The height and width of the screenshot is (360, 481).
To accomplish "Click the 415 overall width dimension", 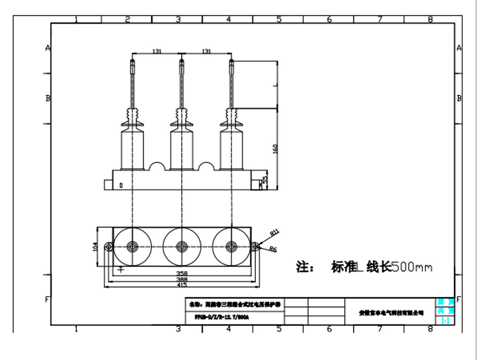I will pos(182,284).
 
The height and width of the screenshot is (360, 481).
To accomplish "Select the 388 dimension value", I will pos(182,279).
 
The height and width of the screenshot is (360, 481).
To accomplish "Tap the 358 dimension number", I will pos(182,273).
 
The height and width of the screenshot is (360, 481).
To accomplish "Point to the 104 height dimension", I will pos(95,247).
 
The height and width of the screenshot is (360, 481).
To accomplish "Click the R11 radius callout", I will pos(274,232).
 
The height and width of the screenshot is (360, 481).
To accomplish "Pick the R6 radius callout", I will pos(273,250).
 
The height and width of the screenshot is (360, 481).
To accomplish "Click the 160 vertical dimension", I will pos(276,150).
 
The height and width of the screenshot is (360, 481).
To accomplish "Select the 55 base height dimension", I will pos(265,180).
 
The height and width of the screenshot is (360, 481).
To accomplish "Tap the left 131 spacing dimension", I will pos(157,52).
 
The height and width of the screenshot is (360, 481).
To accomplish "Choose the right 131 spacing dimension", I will pos(206,52).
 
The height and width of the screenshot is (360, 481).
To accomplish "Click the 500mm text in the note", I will pos(412,267).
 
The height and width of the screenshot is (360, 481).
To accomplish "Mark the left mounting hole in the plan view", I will pos(108,247).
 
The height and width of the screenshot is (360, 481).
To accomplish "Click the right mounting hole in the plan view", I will pos(256,247).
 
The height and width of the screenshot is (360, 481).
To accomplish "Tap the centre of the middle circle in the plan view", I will pos(182,246).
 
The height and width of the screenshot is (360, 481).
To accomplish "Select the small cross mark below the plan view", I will pos(121,269).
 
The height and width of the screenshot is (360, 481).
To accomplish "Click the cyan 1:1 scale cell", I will pos(444,320).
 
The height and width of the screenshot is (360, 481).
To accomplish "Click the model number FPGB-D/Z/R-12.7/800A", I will pos(221,318).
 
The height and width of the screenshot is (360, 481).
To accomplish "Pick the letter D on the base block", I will pos(121,185).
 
